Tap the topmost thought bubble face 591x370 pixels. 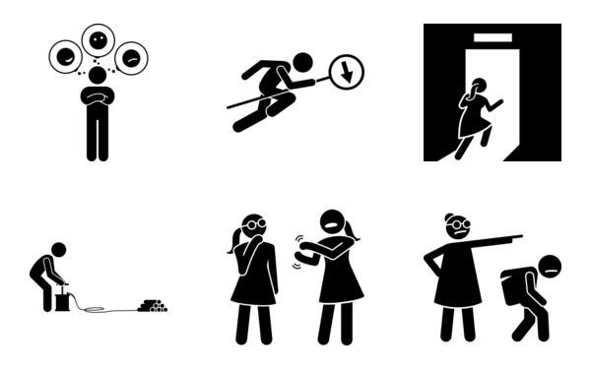tap(98, 40)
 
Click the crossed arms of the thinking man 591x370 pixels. tap(98, 97)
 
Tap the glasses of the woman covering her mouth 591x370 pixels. tap(252, 224)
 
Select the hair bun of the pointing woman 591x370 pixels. tap(451, 217)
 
